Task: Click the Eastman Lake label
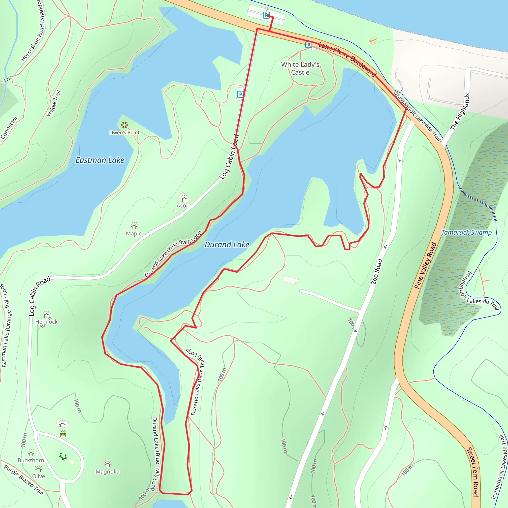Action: [x=100, y=160]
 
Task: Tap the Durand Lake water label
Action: [x=227, y=245]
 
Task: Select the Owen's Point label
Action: [x=124, y=132]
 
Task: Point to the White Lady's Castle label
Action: [x=300, y=68]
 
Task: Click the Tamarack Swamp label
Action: [x=467, y=232]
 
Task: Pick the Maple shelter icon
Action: [x=134, y=226]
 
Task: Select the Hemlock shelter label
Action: [x=46, y=321]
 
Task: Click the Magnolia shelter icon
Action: [x=108, y=464]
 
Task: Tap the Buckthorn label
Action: [x=31, y=460]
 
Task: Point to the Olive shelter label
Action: [x=38, y=476]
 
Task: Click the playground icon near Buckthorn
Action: [x=63, y=457]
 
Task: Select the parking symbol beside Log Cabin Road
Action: [x=240, y=94]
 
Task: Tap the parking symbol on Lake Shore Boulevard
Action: [x=309, y=45]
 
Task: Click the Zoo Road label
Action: [x=377, y=272]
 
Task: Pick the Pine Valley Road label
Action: [x=425, y=266]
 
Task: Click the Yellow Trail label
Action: [x=54, y=103]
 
